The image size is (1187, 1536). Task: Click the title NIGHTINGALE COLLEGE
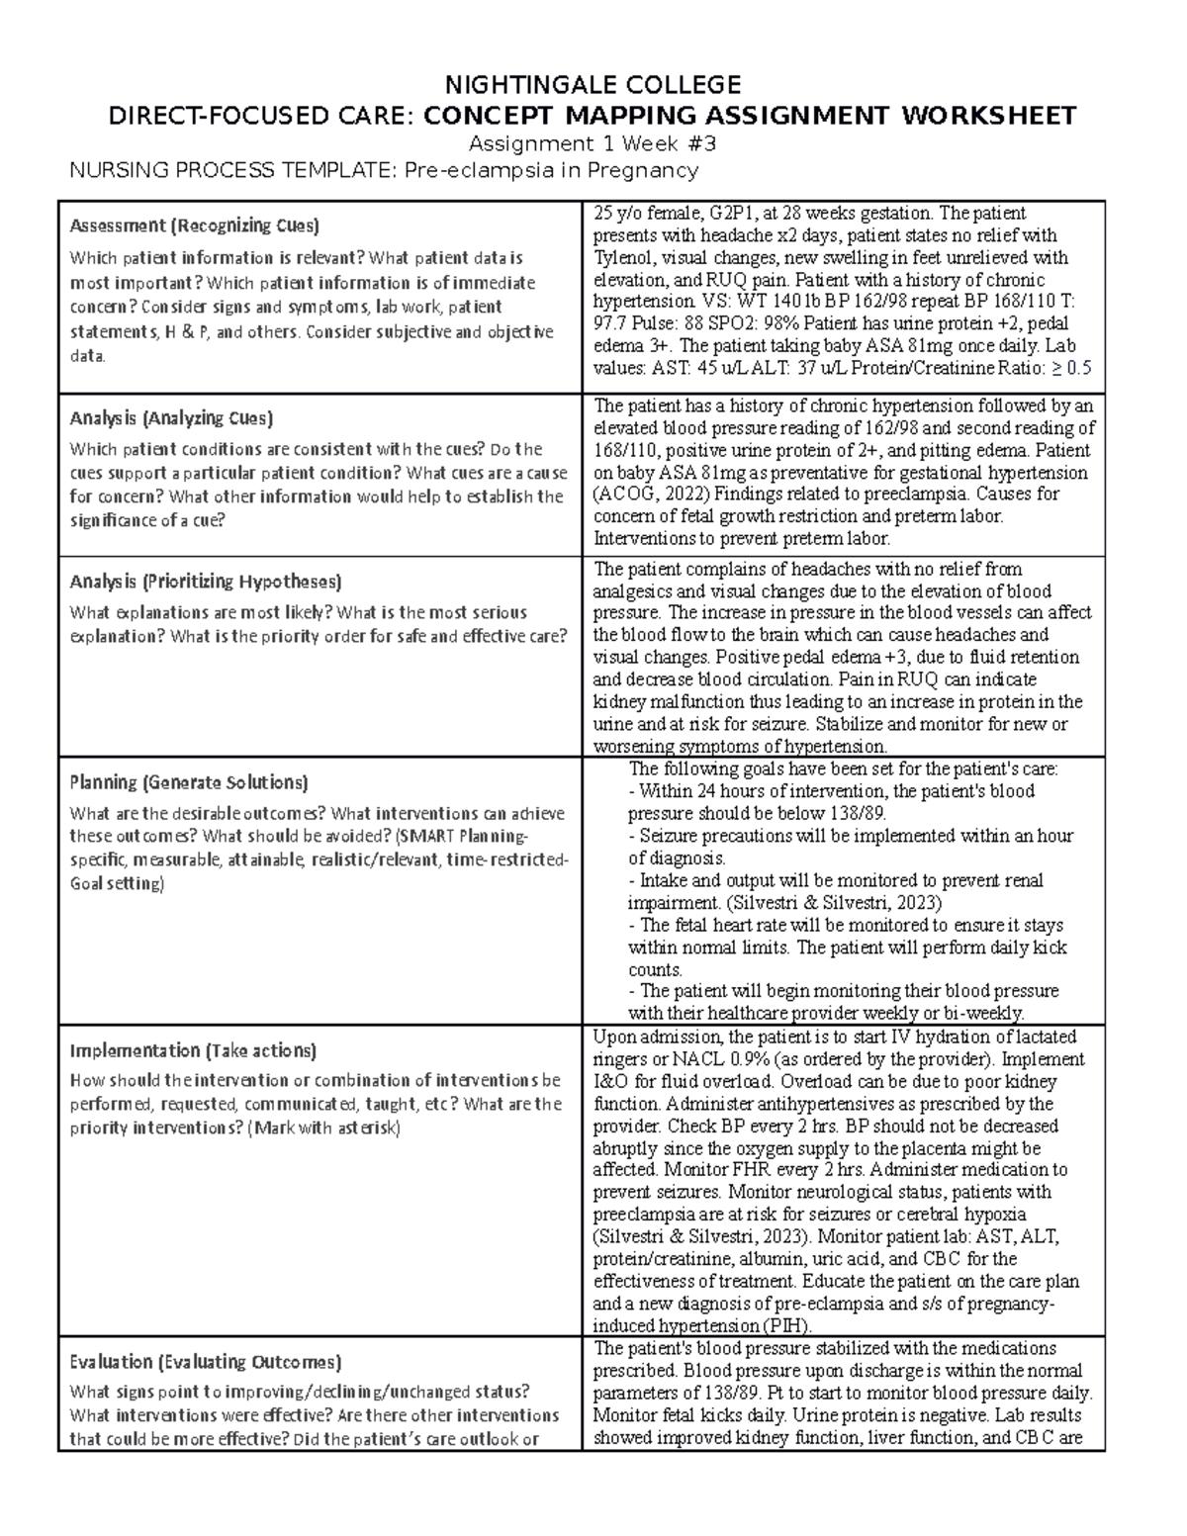(x=593, y=83)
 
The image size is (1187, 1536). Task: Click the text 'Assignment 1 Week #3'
(x=593, y=143)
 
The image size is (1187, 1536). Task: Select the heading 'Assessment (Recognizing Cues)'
(x=194, y=226)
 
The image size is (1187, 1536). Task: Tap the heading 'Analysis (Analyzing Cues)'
(x=171, y=417)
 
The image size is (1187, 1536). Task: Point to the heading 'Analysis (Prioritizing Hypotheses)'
(x=206, y=581)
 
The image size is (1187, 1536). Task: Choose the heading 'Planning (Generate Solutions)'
(x=189, y=782)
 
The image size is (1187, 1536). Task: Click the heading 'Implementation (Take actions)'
(x=193, y=1050)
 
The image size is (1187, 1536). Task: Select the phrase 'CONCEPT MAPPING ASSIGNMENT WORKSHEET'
(x=750, y=116)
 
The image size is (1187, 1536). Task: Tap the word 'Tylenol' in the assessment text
(x=620, y=258)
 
